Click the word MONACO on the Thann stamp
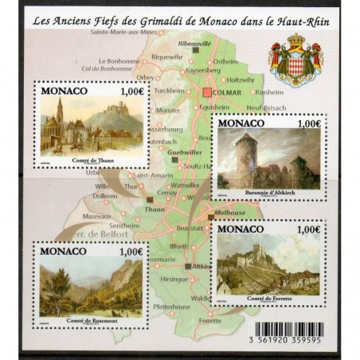63,92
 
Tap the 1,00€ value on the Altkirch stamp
307,125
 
